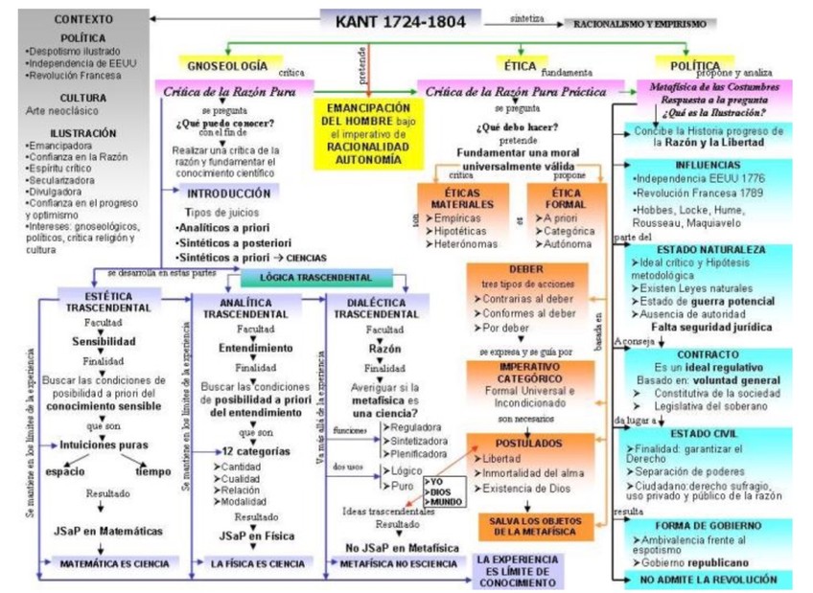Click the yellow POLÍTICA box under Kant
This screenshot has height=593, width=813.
click(x=695, y=66)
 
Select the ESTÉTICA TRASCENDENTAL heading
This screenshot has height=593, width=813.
click(x=108, y=303)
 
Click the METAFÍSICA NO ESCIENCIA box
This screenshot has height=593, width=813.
click(x=399, y=564)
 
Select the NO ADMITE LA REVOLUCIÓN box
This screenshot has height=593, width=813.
click(x=708, y=580)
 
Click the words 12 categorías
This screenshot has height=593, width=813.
click(x=255, y=450)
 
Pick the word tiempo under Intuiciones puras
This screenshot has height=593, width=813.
click(x=153, y=471)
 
